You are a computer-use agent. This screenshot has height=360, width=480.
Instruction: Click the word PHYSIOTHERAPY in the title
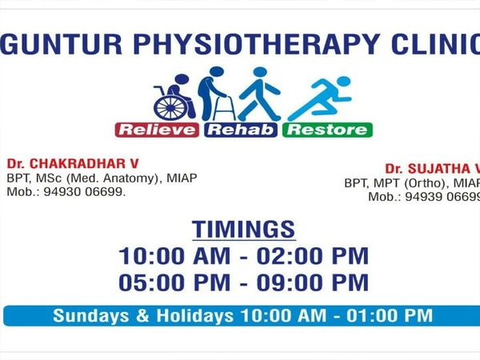257,44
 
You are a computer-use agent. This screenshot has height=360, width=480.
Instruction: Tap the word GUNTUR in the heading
62,44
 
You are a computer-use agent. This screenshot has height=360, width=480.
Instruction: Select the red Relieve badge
157,130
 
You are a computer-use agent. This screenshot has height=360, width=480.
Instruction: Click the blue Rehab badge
241,130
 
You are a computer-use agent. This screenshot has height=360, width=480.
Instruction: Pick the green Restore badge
327,130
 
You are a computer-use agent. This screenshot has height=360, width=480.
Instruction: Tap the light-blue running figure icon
319,98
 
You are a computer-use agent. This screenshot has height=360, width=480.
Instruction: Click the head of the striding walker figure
260,73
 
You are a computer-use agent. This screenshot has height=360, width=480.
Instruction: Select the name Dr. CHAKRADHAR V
73,164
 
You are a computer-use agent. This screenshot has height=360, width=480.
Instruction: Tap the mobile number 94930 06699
85,192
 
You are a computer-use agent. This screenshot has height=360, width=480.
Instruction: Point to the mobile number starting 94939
442,197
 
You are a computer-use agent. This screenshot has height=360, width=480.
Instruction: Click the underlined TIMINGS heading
244,230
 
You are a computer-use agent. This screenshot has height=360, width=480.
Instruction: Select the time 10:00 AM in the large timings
174,256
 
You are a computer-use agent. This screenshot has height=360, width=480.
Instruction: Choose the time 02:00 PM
312,256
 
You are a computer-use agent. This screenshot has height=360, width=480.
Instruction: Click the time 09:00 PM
312,282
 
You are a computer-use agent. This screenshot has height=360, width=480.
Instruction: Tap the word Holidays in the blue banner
195,316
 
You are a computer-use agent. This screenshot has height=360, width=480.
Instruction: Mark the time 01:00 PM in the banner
390,316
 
